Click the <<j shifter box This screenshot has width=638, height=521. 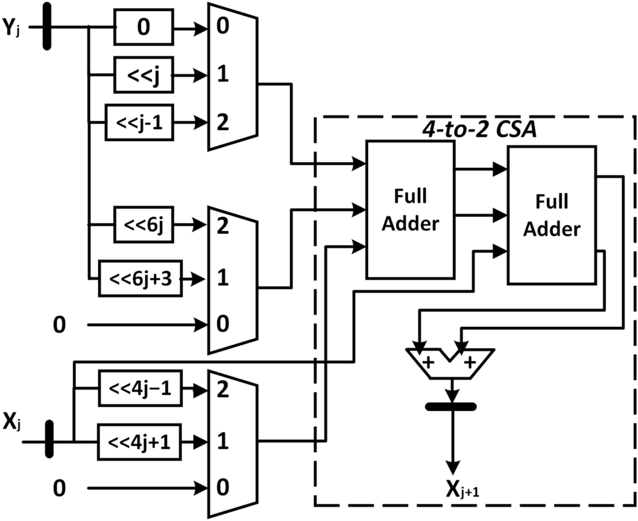pyautogui.click(x=143, y=75)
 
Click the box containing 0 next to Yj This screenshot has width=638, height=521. pyautogui.click(x=143, y=28)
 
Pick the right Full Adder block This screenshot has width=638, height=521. pyautogui.click(x=551, y=215)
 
